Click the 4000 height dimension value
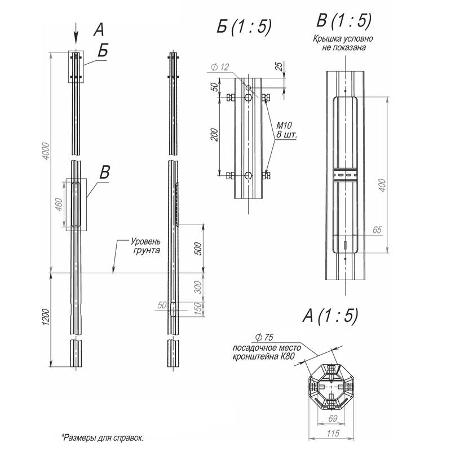[x=46, y=151]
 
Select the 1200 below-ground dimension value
[x=46, y=317]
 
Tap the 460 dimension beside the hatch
[x=59, y=205]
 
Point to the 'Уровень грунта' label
[x=145, y=245]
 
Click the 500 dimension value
[x=198, y=249]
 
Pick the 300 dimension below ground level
[x=198, y=287]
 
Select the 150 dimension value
[x=198, y=309]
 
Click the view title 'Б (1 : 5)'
[x=244, y=26]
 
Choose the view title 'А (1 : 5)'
[x=330, y=316]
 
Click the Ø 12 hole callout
[x=220, y=67]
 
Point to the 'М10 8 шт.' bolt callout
[x=286, y=130]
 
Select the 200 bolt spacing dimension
[x=215, y=135]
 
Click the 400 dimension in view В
[x=382, y=185]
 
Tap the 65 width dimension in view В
[x=377, y=230]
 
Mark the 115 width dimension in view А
[x=333, y=433]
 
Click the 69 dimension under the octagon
[x=333, y=418]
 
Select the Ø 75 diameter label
[x=264, y=337]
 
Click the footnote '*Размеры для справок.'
[x=103, y=438]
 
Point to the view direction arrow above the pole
[x=76, y=33]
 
